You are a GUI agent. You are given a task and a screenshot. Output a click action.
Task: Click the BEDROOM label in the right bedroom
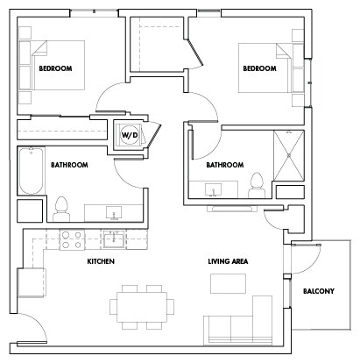(259, 68)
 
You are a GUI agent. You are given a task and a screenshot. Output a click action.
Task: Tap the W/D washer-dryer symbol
(128, 135)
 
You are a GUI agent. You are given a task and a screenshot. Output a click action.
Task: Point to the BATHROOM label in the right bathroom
(223, 164)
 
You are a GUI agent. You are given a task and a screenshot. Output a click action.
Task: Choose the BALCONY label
(318, 290)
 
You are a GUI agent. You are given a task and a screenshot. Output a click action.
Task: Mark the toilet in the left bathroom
(61, 209)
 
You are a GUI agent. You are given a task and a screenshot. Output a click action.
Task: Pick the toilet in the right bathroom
(256, 185)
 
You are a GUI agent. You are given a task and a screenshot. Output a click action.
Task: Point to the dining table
(140, 307)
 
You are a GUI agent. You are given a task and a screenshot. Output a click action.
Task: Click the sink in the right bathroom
(214, 188)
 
